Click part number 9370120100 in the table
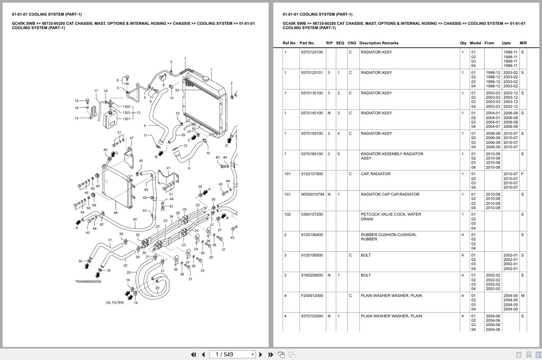pos(312,52)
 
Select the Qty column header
pos(463,43)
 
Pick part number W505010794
pos(313,194)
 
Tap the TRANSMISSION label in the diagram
pos(88,281)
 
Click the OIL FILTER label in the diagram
pos(115,303)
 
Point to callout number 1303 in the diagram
pos(126,113)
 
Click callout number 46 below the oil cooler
pos(116,213)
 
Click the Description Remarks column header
pos(379,43)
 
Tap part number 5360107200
pos(312,214)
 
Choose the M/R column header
pos(523,43)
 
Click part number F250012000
pos(312,296)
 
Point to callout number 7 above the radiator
pos(185,58)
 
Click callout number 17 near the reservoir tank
pos(96,91)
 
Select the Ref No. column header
pos(289,43)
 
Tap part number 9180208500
pos(312,275)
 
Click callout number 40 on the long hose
pos(135,220)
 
